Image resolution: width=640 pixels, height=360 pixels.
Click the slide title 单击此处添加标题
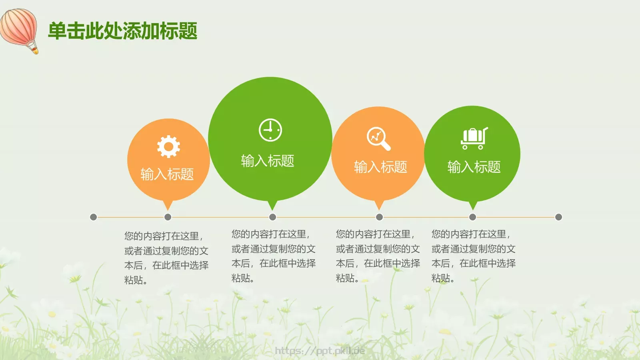122,31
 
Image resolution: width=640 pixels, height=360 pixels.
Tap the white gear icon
168,146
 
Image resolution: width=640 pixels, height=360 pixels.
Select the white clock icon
270,130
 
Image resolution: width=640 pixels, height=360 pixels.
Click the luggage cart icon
474,138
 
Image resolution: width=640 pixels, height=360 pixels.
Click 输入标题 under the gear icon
167,174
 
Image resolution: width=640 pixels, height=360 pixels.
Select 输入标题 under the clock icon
268,161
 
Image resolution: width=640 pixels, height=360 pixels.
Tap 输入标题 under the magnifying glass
380,167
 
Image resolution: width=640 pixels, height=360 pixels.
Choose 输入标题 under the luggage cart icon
474,167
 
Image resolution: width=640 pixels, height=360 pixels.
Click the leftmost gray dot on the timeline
94,217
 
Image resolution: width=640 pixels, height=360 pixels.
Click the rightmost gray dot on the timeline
559,217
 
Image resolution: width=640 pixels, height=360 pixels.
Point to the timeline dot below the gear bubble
168,217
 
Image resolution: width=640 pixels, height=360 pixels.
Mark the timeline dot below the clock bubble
273,217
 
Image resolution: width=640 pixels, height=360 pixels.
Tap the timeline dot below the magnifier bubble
380,217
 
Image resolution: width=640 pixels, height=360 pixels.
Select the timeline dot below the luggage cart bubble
473,217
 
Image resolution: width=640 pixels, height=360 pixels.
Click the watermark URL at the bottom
320,351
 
